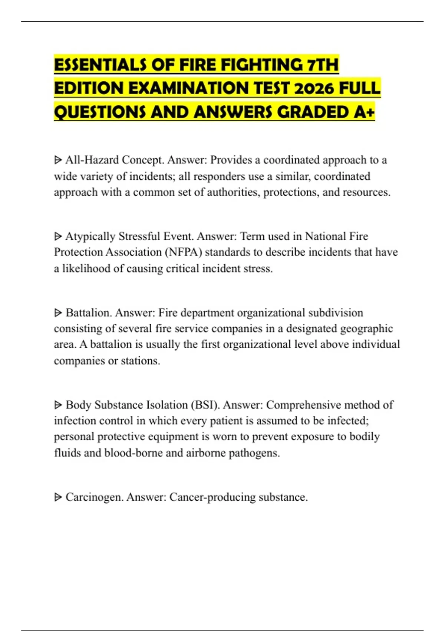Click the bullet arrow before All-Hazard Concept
pyautogui.click(x=58, y=160)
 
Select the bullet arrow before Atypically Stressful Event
pyautogui.click(x=58, y=236)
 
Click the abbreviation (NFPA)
pyautogui.click(x=184, y=252)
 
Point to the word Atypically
pyautogui.click(x=90, y=236)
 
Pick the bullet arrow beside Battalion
pyautogui.click(x=58, y=313)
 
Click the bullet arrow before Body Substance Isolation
pyautogui.click(x=58, y=405)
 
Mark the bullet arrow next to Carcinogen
pyautogui.click(x=58, y=497)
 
